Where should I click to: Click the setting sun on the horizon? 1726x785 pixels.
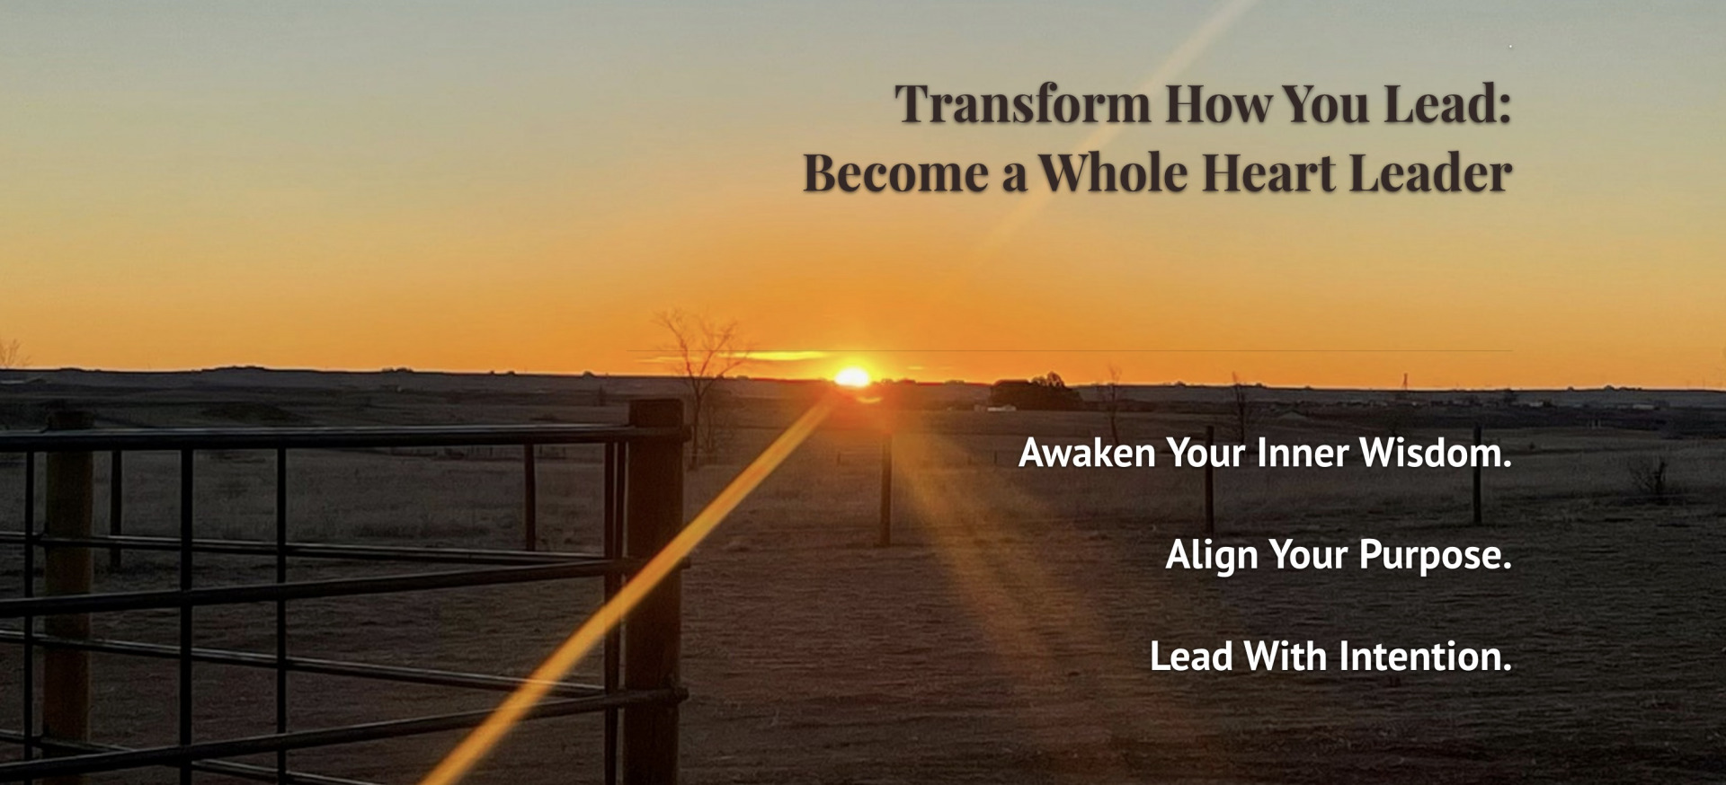852,377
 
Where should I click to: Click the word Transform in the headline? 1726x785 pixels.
1022,104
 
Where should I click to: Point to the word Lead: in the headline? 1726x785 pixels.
1447,104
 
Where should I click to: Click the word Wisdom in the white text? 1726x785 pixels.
1436,453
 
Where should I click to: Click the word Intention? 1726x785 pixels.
1426,657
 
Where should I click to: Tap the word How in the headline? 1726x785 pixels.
1218,104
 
